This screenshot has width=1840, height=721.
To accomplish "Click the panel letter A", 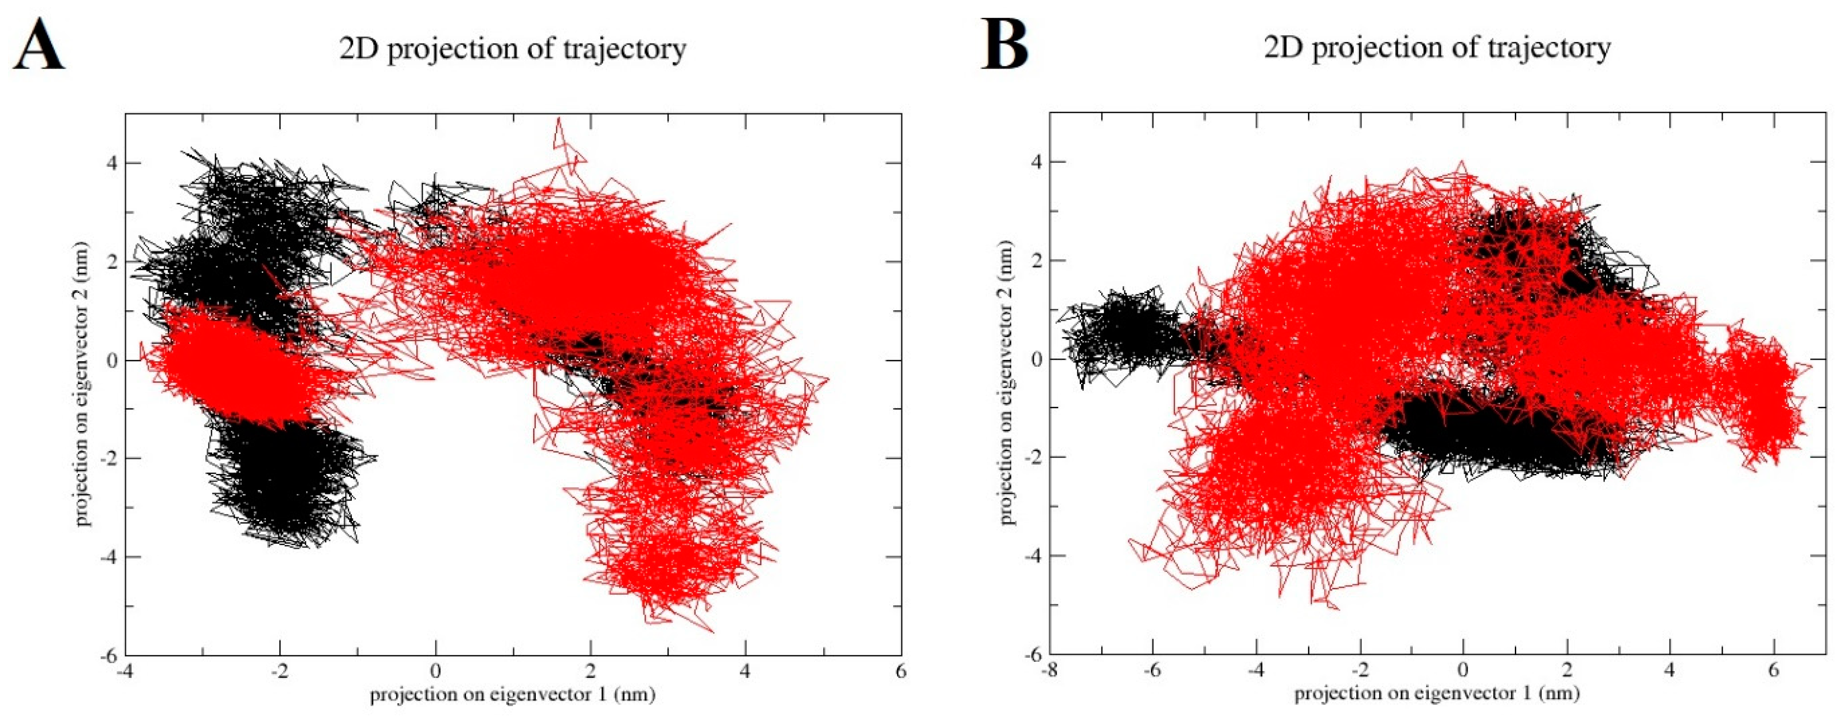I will click(x=39, y=44).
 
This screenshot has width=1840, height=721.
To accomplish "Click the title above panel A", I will click(x=512, y=49).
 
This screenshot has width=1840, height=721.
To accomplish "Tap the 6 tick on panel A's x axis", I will click(x=901, y=672).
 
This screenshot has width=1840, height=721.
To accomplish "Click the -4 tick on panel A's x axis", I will click(x=125, y=672).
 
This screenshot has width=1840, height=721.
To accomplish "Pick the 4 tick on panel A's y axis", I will click(x=111, y=163).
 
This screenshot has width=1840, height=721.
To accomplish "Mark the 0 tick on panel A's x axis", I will click(x=435, y=672).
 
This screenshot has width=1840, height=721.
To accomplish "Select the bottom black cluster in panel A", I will click(x=286, y=486).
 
